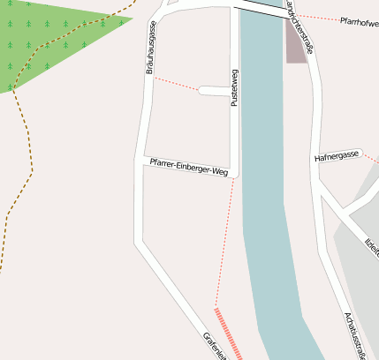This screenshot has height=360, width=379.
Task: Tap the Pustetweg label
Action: click(234, 88)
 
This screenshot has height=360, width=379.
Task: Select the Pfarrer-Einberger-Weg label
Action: click(188, 166)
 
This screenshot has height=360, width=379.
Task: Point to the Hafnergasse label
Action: click(337, 156)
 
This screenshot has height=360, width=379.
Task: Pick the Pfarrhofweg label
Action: click(359, 22)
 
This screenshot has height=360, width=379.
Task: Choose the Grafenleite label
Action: click(215, 347)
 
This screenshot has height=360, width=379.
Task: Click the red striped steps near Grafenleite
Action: click(227, 334)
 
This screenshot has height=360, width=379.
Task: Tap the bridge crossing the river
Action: click(262, 8)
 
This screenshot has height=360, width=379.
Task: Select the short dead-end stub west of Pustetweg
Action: click(214, 90)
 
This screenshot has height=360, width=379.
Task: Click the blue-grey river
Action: click(265, 176)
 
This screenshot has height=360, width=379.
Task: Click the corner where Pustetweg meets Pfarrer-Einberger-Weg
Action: click(234, 172)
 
